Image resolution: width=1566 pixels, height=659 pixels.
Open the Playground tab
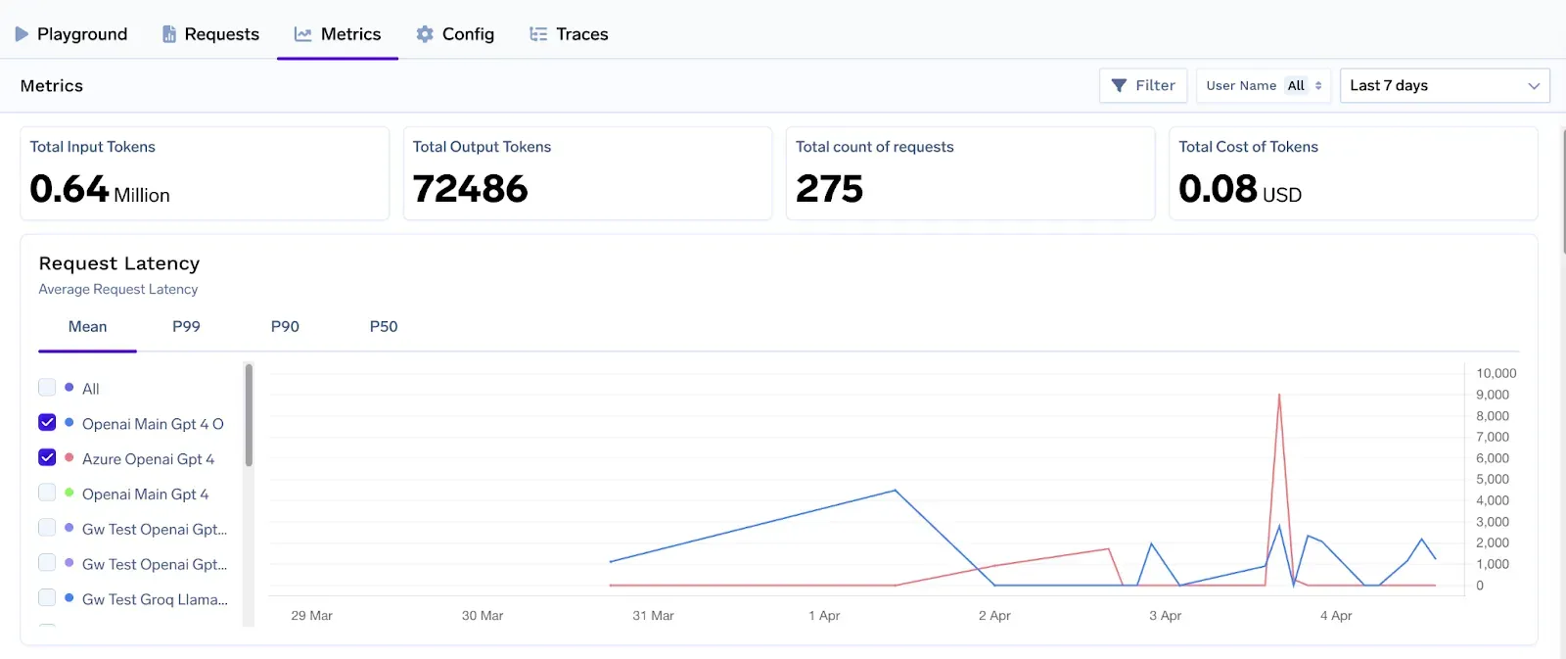coord(71,34)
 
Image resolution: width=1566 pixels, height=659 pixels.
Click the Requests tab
coord(210,34)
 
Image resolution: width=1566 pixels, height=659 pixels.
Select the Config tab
coord(455,34)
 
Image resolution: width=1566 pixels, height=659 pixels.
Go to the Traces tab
coord(569,34)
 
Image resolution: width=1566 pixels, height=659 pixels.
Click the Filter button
coord(1143,86)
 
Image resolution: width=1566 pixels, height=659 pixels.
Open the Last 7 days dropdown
coord(1444,86)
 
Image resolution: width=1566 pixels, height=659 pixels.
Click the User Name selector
coord(1264,86)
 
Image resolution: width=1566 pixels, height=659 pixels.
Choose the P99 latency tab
coord(186,327)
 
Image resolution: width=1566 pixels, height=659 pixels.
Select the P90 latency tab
coord(285,327)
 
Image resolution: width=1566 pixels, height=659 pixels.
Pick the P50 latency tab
coord(384,327)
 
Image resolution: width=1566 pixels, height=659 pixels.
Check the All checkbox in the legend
coord(47,388)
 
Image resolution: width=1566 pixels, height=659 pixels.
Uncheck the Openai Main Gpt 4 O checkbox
coord(47,423)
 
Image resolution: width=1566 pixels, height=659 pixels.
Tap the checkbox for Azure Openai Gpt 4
coord(47,458)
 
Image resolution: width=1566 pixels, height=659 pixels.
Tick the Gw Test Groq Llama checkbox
coord(47,598)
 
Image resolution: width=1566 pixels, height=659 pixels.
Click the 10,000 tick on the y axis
coord(1496,374)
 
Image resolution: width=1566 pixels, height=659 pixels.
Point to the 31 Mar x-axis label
coord(653,616)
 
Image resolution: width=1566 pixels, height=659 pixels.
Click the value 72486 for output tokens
coord(470,189)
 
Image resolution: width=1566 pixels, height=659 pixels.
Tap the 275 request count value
coord(829,189)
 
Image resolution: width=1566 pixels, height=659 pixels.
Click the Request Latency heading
coord(119,263)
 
